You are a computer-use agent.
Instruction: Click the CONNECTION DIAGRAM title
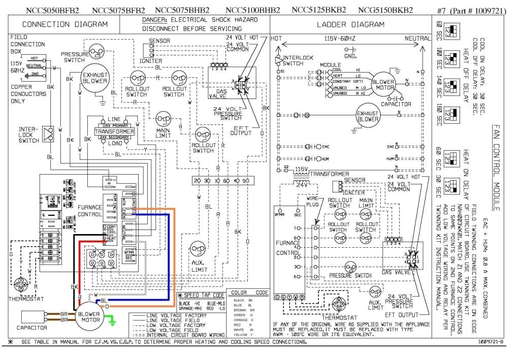[65, 24]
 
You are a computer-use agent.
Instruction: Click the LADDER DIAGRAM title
[350, 24]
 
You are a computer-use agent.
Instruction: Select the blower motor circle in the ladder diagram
[383, 85]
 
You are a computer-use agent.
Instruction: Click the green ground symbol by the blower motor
[113, 321]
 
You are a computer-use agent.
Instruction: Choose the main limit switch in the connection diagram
[163, 120]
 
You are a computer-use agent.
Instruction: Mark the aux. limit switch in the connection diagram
[197, 249]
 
